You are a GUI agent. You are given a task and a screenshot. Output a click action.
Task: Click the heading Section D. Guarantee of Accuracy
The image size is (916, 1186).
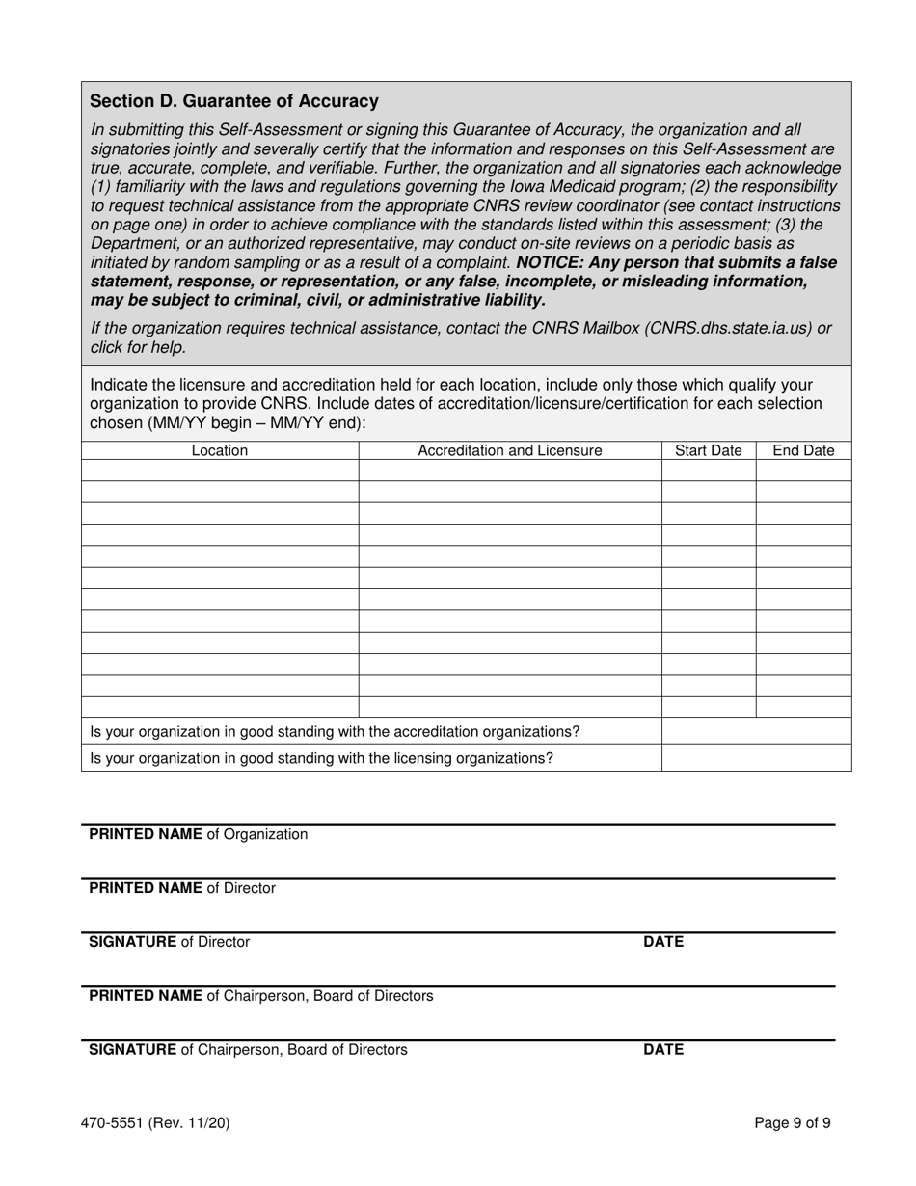[233, 101]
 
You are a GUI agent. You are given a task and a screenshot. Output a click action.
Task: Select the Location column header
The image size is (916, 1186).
[220, 450]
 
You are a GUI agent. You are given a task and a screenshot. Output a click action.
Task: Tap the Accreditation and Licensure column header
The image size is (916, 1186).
[509, 450]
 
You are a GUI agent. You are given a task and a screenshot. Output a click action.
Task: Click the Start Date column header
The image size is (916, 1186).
[709, 450]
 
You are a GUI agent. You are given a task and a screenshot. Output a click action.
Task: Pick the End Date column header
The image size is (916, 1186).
[803, 450]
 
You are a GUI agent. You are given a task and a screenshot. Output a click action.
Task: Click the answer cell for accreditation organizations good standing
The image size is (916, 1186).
[756, 732]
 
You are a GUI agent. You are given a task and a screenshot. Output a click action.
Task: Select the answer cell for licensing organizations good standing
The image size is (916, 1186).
[756, 758]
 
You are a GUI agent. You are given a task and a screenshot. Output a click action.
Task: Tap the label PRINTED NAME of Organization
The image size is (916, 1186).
[199, 834]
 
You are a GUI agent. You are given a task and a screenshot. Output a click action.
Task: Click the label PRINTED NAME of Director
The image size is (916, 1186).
[182, 888]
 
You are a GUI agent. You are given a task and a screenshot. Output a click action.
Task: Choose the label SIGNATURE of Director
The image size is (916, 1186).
[169, 942]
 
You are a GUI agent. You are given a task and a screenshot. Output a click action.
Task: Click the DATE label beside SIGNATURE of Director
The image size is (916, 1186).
[663, 942]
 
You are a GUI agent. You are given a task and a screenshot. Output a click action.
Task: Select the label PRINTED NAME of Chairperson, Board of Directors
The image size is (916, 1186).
[261, 996]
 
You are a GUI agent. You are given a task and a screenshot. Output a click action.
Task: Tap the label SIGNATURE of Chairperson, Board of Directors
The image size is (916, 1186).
[248, 1050]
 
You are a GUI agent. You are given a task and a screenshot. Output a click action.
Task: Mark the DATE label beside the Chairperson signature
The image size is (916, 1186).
[663, 1050]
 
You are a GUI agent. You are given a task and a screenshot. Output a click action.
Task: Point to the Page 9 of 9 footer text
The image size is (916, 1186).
[793, 1122]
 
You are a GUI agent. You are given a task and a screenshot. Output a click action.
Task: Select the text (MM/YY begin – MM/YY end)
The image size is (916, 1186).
[257, 422]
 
